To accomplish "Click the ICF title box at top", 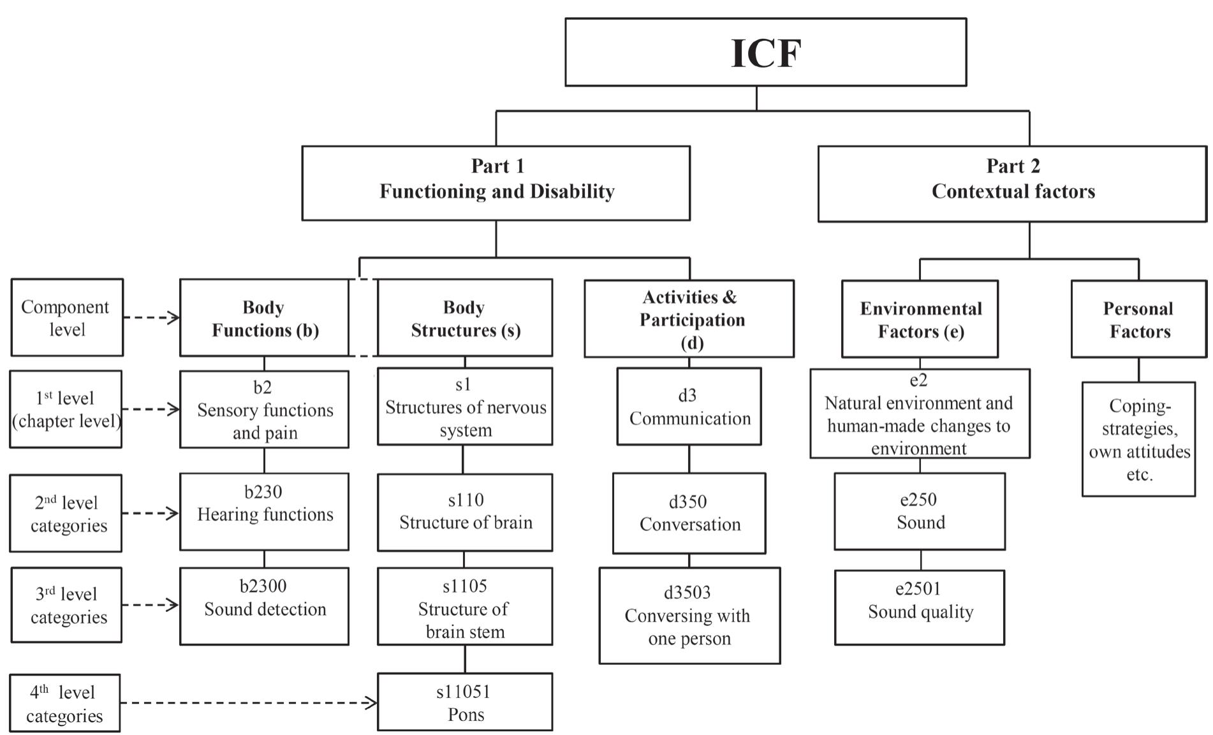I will (765, 52).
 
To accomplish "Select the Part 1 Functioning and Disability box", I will (496, 183).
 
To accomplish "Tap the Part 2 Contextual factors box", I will (1012, 184).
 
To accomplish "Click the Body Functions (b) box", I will (264, 317).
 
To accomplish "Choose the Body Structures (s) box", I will (465, 317).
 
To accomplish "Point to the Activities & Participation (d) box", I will (689, 319).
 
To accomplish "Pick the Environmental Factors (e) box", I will (920, 319).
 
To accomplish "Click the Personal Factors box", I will (1138, 319).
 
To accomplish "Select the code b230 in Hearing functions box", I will (263, 492).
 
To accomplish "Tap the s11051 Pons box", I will (465, 702).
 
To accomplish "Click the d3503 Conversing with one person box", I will (689, 616).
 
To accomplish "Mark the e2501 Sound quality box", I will (920, 608).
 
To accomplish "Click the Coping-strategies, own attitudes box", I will (1138, 439).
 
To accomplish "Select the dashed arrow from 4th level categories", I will (249, 703).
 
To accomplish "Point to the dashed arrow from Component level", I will (151, 317).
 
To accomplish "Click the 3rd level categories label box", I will (66, 605).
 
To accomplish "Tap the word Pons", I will (466, 715).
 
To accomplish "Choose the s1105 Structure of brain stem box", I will (465, 606).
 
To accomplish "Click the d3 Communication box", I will (689, 407).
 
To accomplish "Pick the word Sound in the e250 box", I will (920, 523).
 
